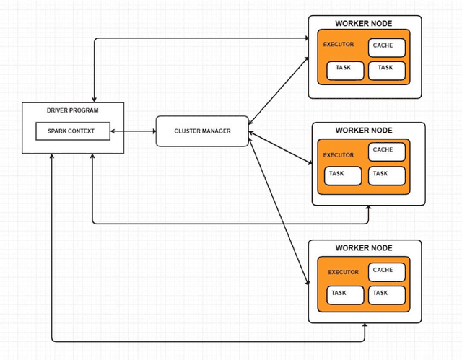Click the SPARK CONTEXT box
tap(73, 131)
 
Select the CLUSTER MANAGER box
tap(202, 131)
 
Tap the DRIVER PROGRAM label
tap(72, 110)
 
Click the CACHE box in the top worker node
tap(387, 48)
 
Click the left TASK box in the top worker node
tap(344, 70)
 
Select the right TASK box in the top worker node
tap(387, 70)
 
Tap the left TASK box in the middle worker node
tap(342, 175)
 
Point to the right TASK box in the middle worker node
tap(387, 175)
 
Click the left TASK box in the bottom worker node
tap(344, 295)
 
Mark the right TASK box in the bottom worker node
tap(387, 295)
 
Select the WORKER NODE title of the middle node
tap(364, 130)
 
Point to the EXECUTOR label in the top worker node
tap(339, 45)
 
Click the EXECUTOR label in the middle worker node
tap(339, 155)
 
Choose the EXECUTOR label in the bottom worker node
tap(343, 272)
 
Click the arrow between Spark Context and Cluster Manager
tap(134, 131)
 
